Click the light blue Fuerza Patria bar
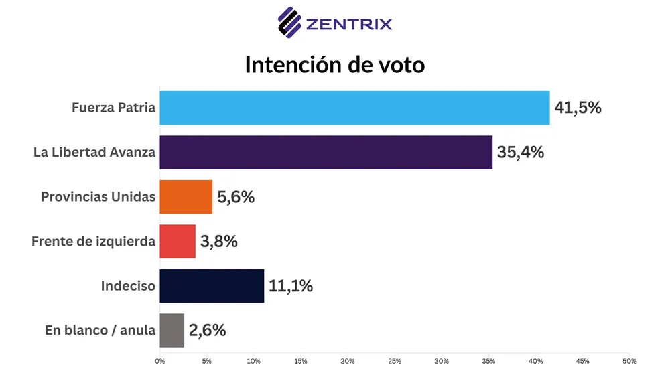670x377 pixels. click(354, 108)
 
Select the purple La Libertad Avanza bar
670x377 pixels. click(326, 152)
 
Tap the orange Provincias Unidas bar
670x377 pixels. click(186, 197)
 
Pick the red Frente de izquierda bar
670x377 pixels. click(178, 241)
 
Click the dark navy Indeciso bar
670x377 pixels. click(212, 286)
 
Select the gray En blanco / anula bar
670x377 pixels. click(172, 330)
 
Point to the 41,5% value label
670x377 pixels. click(578, 108)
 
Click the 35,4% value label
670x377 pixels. click(520, 152)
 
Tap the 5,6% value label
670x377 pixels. click(236, 197)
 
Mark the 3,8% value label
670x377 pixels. click(219, 241)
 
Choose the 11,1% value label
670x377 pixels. click(290, 286)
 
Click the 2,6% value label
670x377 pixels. click(207, 330)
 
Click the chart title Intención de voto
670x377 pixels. click(334, 65)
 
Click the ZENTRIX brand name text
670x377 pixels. click(348, 25)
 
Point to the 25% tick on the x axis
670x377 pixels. click(395, 362)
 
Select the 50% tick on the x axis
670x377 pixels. click(629, 362)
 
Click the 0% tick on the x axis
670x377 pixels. click(159, 362)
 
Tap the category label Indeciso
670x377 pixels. click(128, 286)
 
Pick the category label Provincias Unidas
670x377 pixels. click(98, 197)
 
